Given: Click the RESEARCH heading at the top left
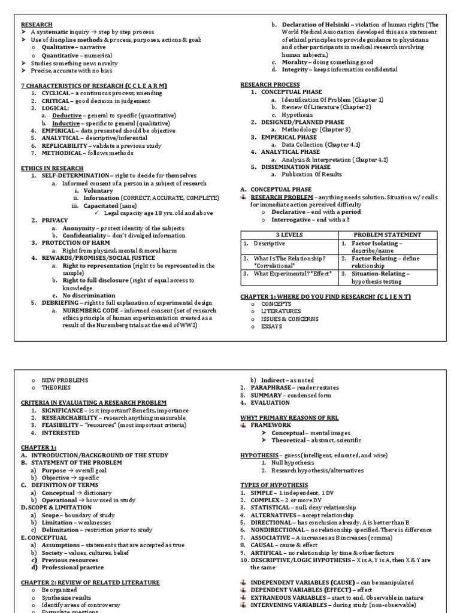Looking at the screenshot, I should tap(37, 24).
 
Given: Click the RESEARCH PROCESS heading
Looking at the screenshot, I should tap(270, 84).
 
